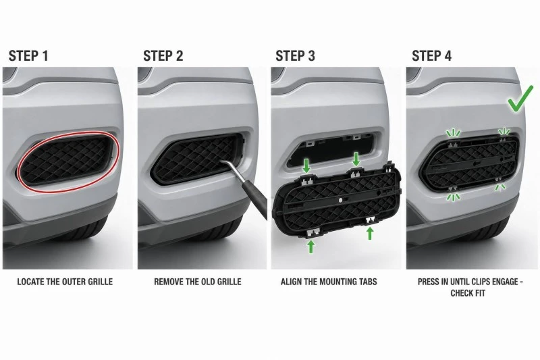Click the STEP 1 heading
pos(28,56)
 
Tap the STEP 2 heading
pos(163,56)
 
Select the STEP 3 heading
pos(295,56)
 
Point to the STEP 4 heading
pos(431,56)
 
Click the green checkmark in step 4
pos(520,99)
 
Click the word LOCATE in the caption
pos(30,282)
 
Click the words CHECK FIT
pos(468,293)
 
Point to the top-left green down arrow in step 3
pos(306,165)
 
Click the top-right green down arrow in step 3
pos(356,159)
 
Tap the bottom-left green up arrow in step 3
pos(311,247)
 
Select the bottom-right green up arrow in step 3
pos(370,233)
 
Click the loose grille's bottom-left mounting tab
pos(313,233)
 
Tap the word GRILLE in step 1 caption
pos(100,282)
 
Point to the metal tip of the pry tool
pos(223,161)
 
